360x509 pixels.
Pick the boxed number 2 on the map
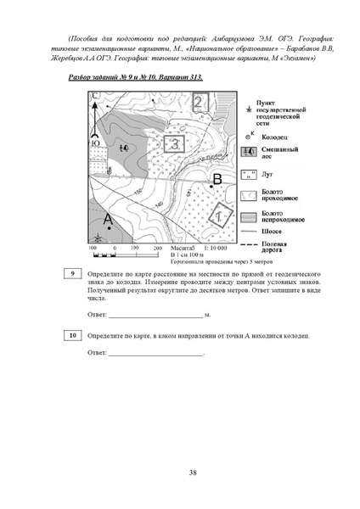tap(198, 103)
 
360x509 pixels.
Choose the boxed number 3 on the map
tap(173, 143)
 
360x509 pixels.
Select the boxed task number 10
tap(73, 336)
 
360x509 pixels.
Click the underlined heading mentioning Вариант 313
tap(135, 77)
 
